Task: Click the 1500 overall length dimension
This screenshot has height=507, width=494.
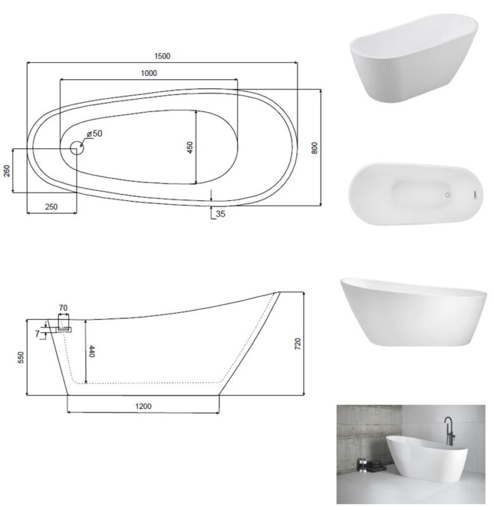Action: [x=162, y=56]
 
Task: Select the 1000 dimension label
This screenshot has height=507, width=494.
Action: [x=149, y=73]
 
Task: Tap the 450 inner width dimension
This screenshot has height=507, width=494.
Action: [x=189, y=148]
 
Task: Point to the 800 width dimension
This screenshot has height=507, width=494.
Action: [x=314, y=148]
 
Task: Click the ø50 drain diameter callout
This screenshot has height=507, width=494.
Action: [x=94, y=133]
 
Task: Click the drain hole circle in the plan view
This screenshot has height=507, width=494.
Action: [x=77, y=148]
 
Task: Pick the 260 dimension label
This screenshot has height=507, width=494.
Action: [x=7, y=170]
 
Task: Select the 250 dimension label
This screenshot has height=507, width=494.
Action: [x=51, y=207]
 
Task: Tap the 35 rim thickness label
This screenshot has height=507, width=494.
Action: [x=220, y=214]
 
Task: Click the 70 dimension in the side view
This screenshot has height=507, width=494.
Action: [x=63, y=308]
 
